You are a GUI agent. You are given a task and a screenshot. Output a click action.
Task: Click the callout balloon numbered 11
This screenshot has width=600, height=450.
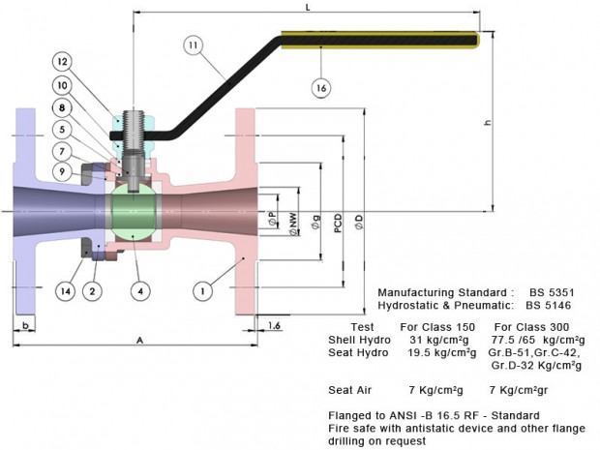coord(194,45)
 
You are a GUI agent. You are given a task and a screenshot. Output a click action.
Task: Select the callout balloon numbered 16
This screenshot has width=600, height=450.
coord(321,88)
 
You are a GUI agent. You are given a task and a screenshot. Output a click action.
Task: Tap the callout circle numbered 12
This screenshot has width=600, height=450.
coord(62,62)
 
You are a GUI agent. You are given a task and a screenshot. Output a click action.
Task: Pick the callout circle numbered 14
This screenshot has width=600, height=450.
coord(66,291)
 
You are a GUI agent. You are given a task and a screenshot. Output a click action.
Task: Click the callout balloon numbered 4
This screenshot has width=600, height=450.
coord(140,291)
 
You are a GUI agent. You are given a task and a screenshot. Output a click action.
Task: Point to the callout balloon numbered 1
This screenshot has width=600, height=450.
coord(203,291)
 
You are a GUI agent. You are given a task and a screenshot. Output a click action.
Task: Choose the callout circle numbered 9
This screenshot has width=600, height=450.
coord(62,172)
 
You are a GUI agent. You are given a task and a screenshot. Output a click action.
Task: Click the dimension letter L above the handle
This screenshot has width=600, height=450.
coord(308,7)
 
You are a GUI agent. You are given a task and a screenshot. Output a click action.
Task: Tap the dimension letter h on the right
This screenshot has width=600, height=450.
coord(487,123)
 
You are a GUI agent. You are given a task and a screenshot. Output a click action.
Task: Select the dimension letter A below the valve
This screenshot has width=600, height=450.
coord(139,340)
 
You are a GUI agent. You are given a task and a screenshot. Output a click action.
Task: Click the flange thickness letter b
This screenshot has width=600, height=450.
coord(25,325)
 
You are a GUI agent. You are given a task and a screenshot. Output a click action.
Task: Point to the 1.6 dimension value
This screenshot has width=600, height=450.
coord(274,325)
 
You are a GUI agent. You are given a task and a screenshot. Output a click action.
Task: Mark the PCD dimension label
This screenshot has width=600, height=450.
coord(338,224)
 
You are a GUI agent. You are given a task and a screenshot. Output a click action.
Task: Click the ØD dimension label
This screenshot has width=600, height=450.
coord(359,222)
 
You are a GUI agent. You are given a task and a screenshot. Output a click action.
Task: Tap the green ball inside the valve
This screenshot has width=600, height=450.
coord(134,212)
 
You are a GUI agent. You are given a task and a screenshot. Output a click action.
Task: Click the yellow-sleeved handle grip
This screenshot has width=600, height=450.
coord(380,40)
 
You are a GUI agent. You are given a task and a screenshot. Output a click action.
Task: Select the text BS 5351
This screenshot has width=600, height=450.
coord(552,292)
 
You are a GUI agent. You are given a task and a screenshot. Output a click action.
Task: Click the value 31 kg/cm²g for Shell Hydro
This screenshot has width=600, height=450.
coord(439,340)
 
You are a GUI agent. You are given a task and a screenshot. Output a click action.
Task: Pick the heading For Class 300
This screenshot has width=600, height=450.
coord(531,327)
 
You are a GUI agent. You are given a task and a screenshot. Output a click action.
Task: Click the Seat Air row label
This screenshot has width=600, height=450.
coord(349,390)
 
